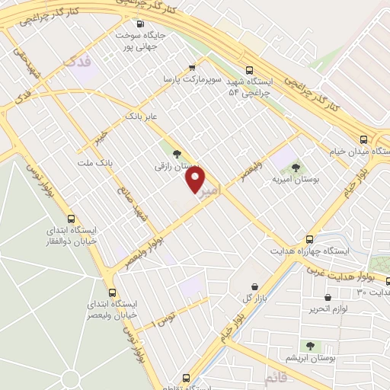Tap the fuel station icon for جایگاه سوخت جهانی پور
(x=139, y=23)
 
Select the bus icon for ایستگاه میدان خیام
(x=364, y=140)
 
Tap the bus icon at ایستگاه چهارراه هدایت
(x=309, y=239)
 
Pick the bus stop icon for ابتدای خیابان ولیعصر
(x=113, y=292)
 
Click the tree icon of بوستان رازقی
(x=177, y=155)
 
